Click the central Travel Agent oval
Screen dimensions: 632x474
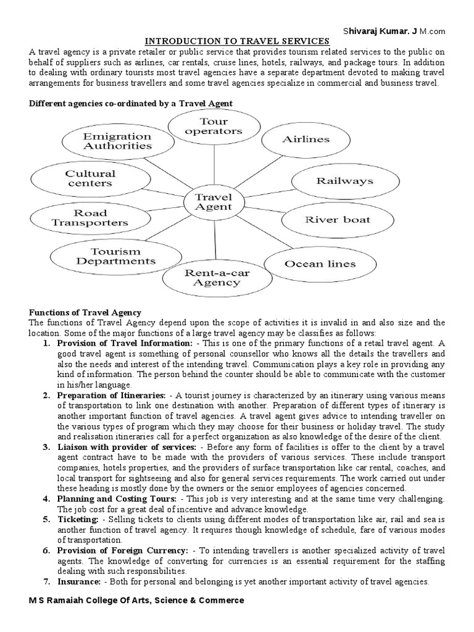[212, 201]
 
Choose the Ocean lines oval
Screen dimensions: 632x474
[320, 264]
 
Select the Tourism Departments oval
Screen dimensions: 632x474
[115, 256]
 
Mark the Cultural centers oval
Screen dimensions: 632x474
[89, 178]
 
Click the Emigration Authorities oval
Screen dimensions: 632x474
[117, 141]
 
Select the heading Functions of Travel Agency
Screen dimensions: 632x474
[85, 313]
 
